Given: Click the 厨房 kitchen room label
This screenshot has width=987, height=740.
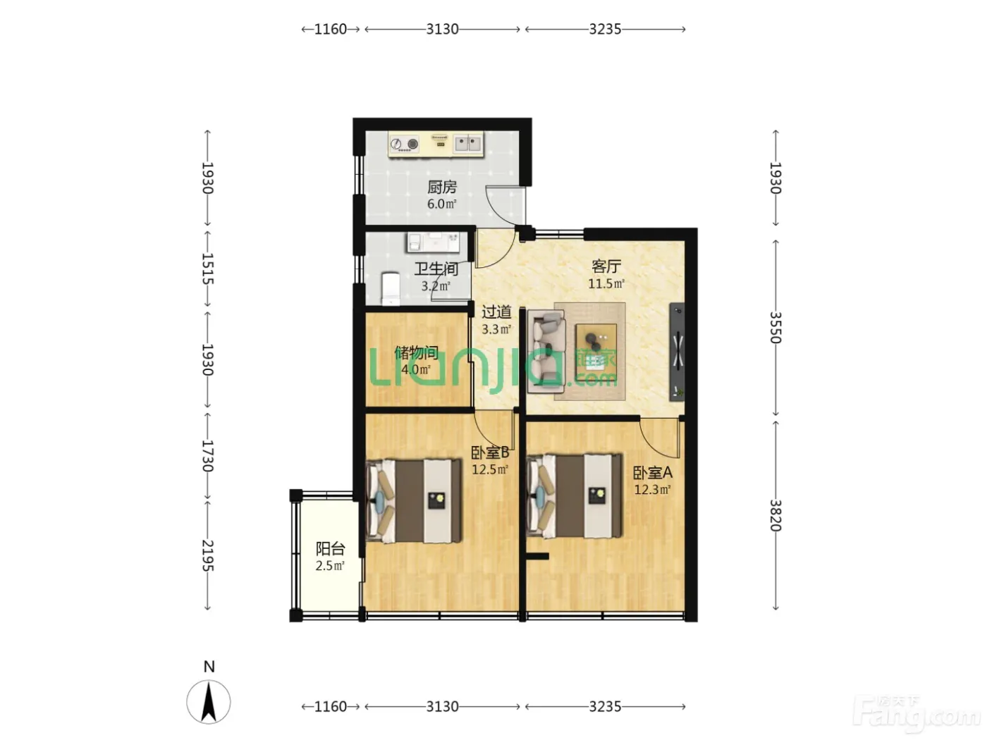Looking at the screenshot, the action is coord(441,187).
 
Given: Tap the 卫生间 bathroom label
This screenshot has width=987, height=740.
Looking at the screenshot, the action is coord(436,269).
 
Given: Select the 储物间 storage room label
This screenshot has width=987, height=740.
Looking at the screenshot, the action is coord(417,352).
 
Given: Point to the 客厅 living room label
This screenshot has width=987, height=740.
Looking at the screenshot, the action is coord(606,266).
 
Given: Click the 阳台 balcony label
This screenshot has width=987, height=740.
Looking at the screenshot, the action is coord(330,548).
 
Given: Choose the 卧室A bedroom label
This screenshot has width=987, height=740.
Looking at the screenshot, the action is coord(652,472).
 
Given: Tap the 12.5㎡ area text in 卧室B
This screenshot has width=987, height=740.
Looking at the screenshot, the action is coord(490,469).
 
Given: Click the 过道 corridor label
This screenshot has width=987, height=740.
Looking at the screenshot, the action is coord(496,312).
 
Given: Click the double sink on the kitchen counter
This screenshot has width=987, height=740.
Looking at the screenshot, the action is coord(467,143).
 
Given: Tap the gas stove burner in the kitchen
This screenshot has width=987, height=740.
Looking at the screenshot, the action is coord(412,144).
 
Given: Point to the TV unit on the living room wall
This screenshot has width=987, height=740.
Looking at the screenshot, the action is coord(678,352).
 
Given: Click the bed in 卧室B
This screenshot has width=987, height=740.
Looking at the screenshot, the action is coord(414,501).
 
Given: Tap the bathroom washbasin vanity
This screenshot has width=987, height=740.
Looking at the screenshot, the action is coord(433,242).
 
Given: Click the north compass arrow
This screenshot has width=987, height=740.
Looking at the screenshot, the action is coord(209,701).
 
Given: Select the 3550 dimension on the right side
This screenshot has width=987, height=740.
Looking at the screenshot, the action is coord(775,327).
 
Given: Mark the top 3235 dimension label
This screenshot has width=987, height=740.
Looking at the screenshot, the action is coord(605,29).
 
